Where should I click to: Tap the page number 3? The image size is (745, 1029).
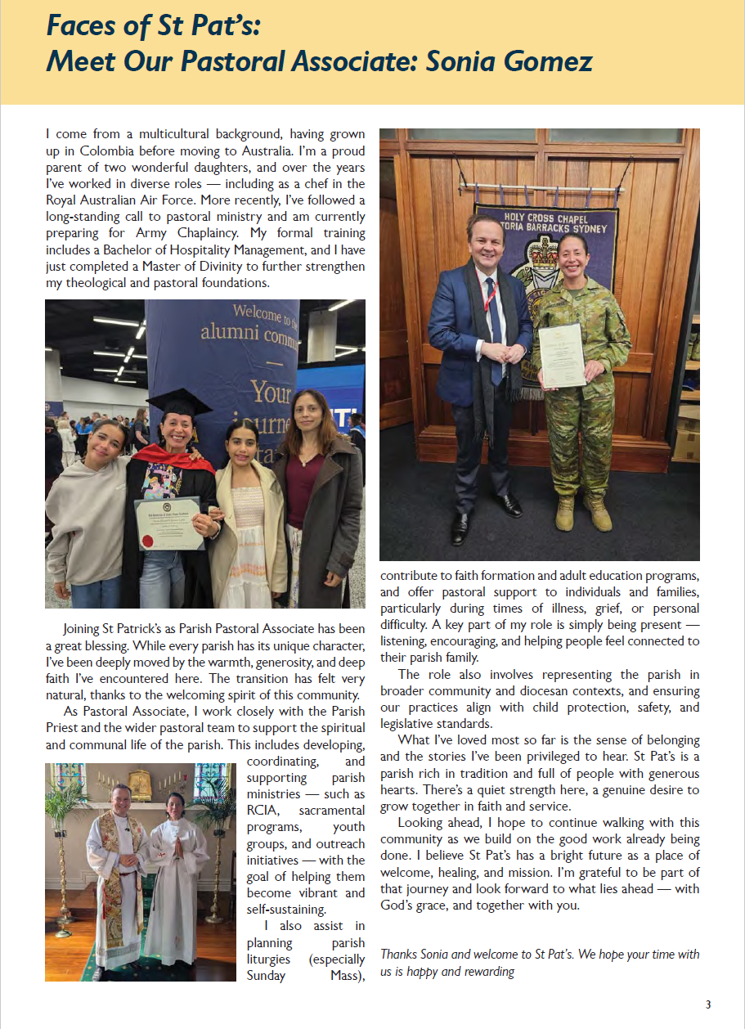tap(708, 1004)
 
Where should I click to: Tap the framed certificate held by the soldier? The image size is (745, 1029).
tap(562, 356)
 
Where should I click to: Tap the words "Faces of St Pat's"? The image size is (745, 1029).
tap(153, 27)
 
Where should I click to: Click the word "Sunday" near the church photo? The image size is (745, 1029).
tap(267, 975)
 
